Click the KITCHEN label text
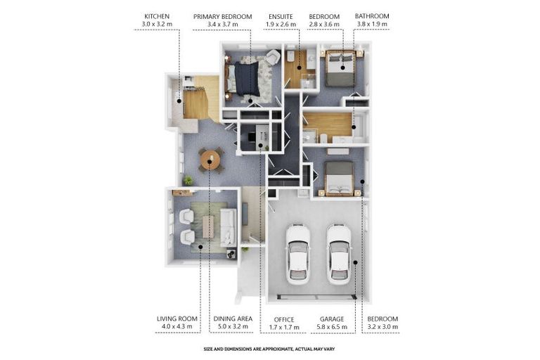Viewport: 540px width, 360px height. tap(157, 16)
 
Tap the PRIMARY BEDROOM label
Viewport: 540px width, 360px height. tap(222, 17)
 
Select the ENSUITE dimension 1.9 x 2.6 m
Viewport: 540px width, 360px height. tap(281, 25)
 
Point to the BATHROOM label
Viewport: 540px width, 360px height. tap(372, 16)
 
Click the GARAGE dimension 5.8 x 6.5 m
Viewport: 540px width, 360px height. tap(332, 327)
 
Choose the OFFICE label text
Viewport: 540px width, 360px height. tap(284, 319)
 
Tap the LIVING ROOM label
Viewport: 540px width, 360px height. tap(177, 319)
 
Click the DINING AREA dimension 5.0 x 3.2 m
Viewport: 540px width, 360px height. tap(233, 326)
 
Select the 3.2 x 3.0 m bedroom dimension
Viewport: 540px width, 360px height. tap(382, 326)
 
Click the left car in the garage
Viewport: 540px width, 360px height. tap(298, 255)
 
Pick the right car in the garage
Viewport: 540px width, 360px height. tap(339, 255)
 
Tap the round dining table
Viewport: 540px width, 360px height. tap(210, 160)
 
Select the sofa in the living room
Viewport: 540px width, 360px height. tap(228, 227)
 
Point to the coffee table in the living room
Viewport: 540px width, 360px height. tap(208, 226)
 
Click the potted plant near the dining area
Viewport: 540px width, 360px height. tap(188, 180)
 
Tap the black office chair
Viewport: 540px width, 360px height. tap(252, 137)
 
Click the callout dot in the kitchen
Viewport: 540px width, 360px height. tap(179, 101)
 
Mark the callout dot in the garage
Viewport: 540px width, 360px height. tap(355, 262)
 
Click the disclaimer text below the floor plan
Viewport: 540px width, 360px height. tap(269, 349)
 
